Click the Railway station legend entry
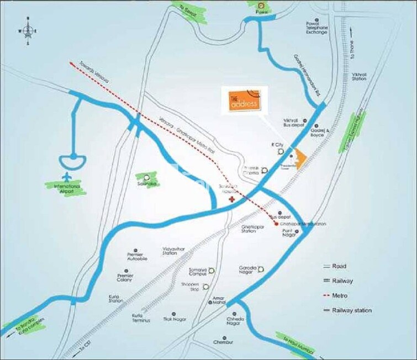(x=351, y=310)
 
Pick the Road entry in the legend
(x=339, y=266)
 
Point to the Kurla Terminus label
(x=142, y=317)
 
